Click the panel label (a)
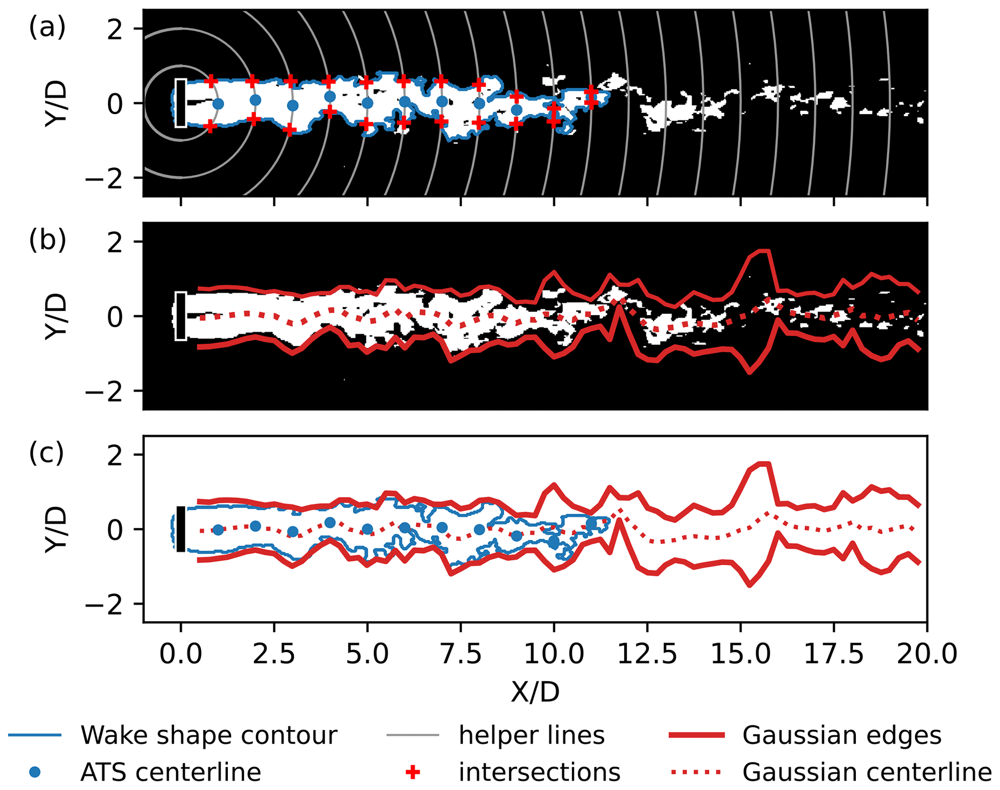47,28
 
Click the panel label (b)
47,241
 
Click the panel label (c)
46,454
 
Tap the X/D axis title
535,692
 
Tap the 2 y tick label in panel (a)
115,29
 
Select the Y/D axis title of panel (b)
56,316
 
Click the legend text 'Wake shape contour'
209,735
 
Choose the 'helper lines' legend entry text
531,735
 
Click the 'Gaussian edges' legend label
842,735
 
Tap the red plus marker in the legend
412,772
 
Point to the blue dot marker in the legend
35,772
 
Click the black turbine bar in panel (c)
180,529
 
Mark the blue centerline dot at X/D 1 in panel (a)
218,103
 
